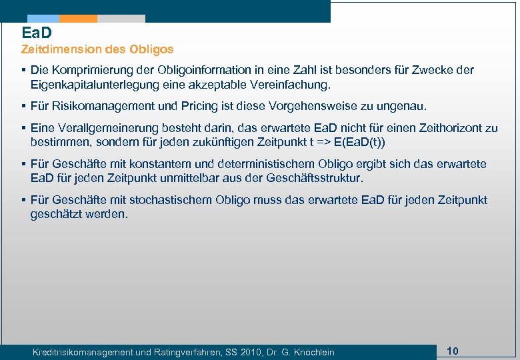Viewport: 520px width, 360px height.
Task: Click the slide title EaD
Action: (37, 32)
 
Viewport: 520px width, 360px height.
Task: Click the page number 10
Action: (453, 351)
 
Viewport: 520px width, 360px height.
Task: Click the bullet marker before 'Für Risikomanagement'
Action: (23, 106)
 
